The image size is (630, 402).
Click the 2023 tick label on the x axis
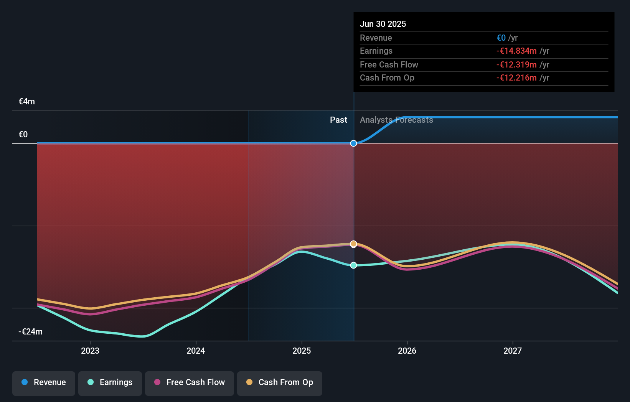(x=90, y=351)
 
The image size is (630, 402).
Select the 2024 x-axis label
(x=196, y=351)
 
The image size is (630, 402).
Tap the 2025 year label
(x=302, y=351)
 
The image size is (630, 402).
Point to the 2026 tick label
(x=407, y=351)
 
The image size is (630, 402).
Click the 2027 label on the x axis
(x=513, y=351)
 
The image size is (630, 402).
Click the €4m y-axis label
(x=27, y=102)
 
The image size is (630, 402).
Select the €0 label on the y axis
(x=23, y=135)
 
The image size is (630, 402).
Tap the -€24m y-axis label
(x=31, y=332)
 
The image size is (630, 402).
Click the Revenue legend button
(x=44, y=382)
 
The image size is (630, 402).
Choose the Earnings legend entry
(x=110, y=382)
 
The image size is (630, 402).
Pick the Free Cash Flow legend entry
(x=190, y=382)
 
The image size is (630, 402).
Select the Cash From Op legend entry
(x=280, y=382)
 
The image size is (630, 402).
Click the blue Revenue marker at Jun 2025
(x=354, y=143)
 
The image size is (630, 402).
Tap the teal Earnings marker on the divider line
(x=354, y=265)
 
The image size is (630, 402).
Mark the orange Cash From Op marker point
(x=354, y=244)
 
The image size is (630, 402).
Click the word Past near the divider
(x=338, y=120)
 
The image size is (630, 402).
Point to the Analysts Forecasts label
(x=396, y=120)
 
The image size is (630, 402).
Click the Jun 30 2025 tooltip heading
(x=383, y=24)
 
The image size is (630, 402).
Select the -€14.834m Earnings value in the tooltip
(x=516, y=51)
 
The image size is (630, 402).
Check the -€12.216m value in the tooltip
(x=516, y=78)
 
